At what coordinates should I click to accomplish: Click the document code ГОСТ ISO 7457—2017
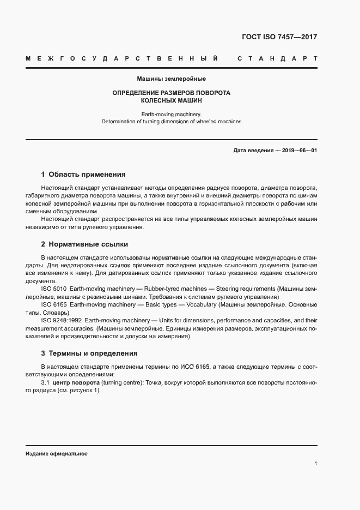pyautogui.click(x=279, y=38)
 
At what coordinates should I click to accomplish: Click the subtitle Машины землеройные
pyautogui.click(x=171, y=79)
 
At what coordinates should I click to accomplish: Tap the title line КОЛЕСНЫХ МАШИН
pyautogui.click(x=171, y=101)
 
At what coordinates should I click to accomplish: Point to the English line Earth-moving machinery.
pyautogui.click(x=171, y=114)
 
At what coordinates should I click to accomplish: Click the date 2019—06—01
pyautogui.click(x=299, y=150)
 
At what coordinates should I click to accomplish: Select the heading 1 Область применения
pyautogui.click(x=83, y=175)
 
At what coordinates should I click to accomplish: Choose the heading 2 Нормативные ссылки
pyautogui.click(x=84, y=244)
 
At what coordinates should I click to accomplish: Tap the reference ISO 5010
pyautogui.click(x=53, y=288)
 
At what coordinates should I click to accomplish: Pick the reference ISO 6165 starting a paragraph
pyautogui.click(x=53, y=304)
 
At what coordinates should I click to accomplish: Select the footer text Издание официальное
pyautogui.click(x=57, y=454)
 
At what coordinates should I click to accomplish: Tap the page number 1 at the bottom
pyautogui.click(x=316, y=464)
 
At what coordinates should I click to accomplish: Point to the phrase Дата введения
pyautogui.click(x=253, y=150)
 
